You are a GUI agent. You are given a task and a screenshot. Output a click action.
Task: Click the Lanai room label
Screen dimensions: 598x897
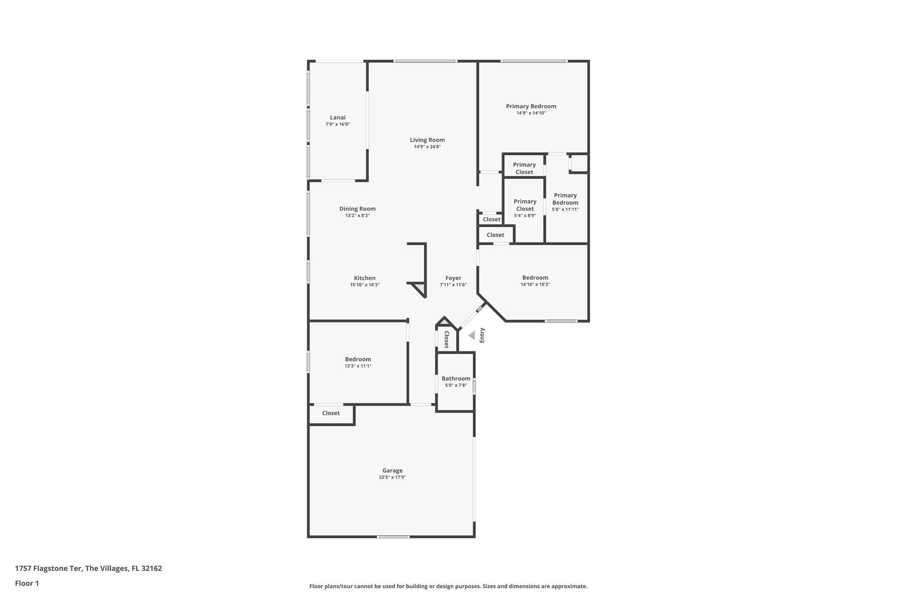[x=338, y=117]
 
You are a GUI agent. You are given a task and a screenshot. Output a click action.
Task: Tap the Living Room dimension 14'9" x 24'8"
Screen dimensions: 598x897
[x=427, y=147]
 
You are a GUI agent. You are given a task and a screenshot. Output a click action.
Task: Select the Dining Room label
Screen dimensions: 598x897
[x=357, y=209]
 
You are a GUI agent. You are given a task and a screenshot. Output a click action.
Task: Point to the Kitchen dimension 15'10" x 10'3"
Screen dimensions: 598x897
[x=364, y=285]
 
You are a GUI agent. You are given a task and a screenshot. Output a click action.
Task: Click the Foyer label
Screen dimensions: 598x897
[x=453, y=278]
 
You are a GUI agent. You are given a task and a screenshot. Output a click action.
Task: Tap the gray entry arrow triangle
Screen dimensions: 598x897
[x=472, y=336]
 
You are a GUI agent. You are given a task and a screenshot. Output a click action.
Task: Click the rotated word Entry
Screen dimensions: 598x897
[x=482, y=335]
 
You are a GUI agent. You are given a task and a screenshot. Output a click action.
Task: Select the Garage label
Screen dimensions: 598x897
[x=392, y=471]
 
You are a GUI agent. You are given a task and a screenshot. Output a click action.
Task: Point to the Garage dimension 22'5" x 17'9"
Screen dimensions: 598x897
[x=392, y=478]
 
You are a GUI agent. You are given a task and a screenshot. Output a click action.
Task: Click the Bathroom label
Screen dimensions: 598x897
[x=456, y=379]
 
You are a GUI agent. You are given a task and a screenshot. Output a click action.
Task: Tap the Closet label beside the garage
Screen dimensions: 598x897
[x=331, y=413]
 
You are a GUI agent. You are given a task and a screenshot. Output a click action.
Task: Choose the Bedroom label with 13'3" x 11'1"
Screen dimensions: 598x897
[x=358, y=359]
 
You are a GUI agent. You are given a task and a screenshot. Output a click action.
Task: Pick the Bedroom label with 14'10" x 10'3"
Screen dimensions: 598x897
[x=535, y=278]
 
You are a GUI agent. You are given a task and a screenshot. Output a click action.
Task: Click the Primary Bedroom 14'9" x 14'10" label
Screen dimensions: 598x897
[x=531, y=106]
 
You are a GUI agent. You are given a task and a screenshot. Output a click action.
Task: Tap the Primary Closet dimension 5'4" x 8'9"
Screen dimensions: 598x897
[x=525, y=216]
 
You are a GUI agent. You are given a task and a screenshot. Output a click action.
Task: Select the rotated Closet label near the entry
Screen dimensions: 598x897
[x=446, y=340]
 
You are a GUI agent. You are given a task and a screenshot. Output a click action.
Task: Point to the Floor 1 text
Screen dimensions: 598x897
[x=27, y=584]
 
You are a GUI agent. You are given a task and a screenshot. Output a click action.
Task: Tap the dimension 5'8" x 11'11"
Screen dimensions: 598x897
[x=565, y=209]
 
